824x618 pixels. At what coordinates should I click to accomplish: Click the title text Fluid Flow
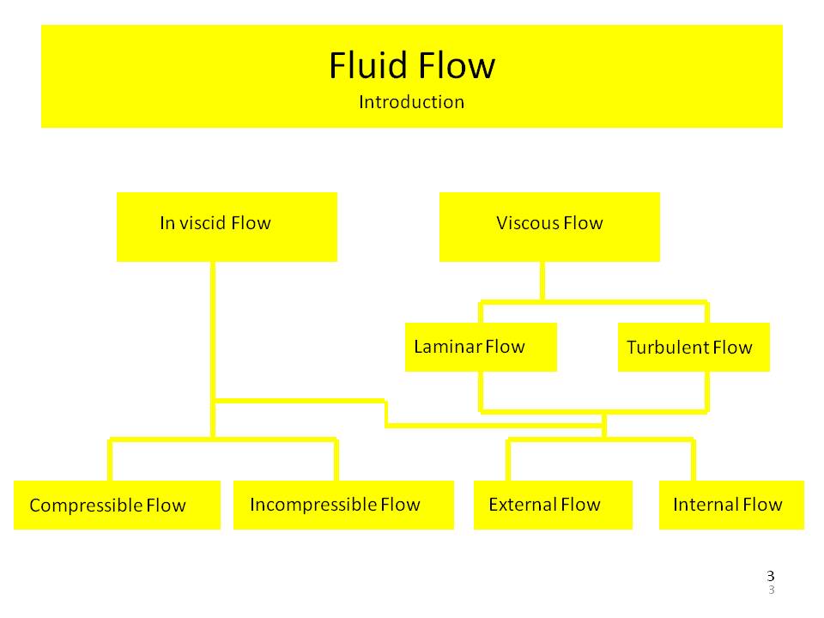[412, 66]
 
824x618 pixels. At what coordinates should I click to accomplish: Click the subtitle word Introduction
[411, 102]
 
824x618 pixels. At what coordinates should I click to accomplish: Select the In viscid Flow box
[227, 227]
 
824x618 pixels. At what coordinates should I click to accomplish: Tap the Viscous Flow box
[549, 227]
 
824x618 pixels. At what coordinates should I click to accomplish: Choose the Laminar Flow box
[481, 347]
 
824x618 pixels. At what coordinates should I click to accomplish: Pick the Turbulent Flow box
[694, 347]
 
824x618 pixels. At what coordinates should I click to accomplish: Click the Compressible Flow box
[117, 505]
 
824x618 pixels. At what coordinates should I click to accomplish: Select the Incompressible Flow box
[343, 505]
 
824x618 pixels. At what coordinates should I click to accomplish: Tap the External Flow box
[553, 505]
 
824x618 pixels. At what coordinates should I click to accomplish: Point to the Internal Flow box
[731, 505]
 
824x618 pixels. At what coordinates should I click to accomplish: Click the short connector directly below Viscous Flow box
[542, 281]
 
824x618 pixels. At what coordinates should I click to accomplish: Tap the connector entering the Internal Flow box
[693, 461]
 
